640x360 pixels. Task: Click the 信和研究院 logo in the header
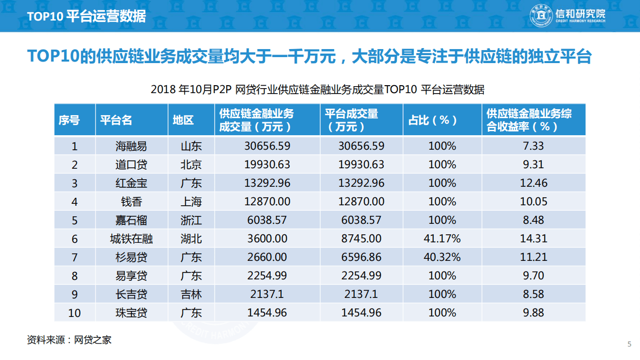(567, 16)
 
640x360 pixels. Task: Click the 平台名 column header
(116, 120)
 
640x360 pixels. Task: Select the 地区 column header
(183, 120)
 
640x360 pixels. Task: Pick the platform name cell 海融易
(131, 146)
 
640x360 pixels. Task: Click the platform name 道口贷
(131, 165)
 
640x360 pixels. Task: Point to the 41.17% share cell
(442, 239)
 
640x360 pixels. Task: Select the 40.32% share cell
(442, 257)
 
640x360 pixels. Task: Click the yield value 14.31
(533, 239)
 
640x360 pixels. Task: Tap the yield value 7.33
(533, 146)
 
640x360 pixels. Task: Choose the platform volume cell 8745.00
(361, 239)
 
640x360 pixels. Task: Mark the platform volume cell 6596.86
(361, 257)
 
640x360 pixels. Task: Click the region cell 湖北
(191, 239)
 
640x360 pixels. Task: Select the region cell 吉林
(191, 294)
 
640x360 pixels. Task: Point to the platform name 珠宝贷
(131, 312)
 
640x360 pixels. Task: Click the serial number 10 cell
(75, 312)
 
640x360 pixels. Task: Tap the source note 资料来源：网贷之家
(69, 340)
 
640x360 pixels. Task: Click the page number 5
(629, 344)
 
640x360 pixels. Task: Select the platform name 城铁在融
(131, 239)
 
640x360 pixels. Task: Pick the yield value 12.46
(533, 183)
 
